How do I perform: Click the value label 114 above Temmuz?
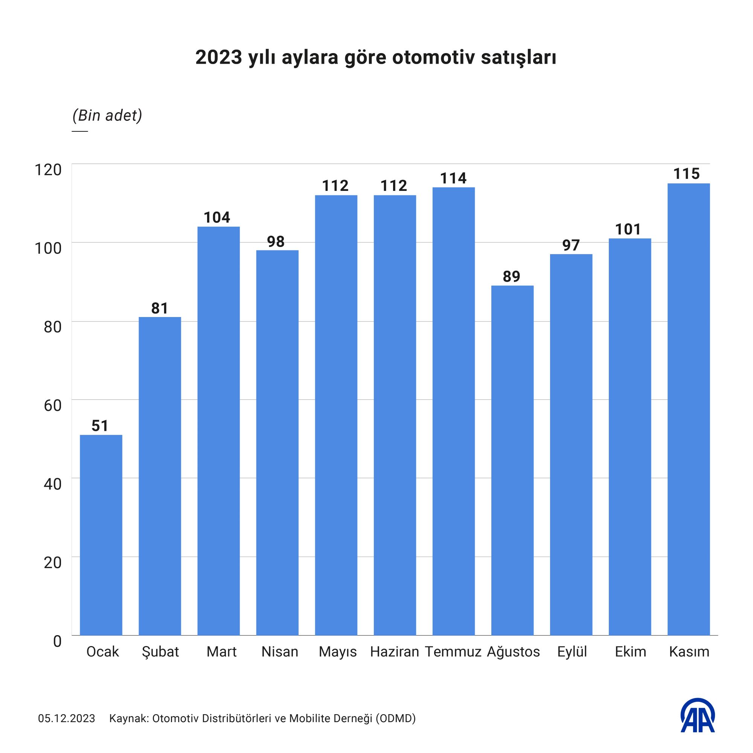[453, 178]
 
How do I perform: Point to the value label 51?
[100, 425]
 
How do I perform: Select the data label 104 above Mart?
[217, 218]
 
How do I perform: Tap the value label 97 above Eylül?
[571, 245]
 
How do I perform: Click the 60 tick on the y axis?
[53, 405]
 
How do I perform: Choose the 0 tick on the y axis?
[57, 641]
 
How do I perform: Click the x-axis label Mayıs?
[337, 652]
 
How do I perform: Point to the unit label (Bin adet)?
[107, 116]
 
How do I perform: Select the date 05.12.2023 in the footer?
[67, 718]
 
